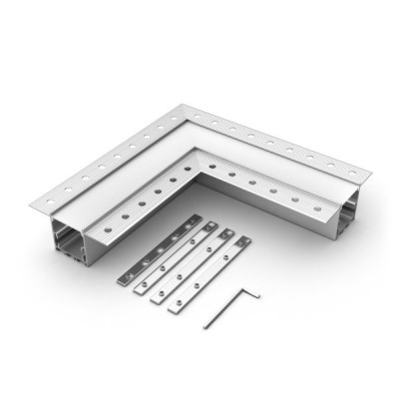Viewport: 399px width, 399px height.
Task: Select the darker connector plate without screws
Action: [x=160, y=249]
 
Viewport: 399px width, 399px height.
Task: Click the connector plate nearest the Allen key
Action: [x=208, y=274]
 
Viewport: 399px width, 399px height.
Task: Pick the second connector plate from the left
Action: [x=175, y=261]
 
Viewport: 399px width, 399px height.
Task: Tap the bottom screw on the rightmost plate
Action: [x=180, y=303]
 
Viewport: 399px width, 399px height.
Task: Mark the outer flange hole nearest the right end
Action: [x=343, y=169]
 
